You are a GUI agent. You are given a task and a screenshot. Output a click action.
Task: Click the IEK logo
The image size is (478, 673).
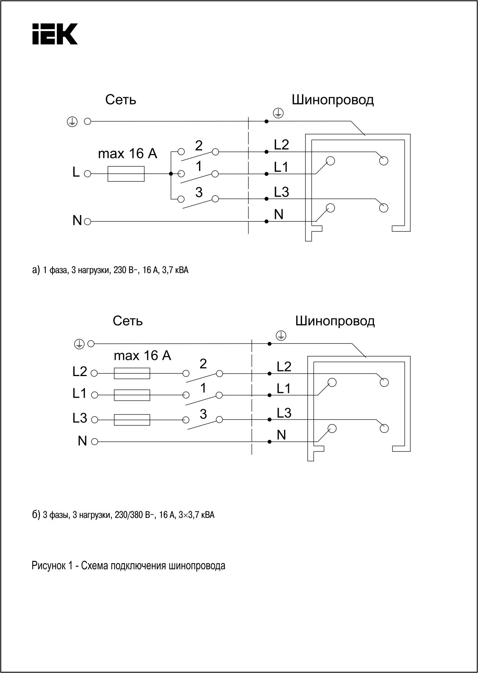(55, 34)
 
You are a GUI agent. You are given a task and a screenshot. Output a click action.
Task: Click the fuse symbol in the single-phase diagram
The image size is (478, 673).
(126, 174)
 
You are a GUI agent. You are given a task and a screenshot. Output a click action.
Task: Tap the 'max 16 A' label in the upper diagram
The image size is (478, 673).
(128, 154)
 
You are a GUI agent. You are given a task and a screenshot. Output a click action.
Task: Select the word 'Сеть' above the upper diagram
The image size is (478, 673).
(121, 100)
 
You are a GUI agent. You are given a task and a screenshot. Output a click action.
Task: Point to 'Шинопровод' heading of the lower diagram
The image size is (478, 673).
(335, 320)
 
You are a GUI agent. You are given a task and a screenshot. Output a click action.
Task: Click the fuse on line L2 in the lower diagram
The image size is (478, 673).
(132, 373)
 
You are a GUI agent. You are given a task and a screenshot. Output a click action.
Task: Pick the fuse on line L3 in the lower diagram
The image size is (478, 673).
(132, 419)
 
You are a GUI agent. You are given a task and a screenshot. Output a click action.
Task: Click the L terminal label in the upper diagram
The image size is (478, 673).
(76, 173)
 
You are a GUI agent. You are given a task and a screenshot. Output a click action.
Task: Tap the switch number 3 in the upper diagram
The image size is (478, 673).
(199, 192)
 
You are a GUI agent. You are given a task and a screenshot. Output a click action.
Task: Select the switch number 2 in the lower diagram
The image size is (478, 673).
(203, 363)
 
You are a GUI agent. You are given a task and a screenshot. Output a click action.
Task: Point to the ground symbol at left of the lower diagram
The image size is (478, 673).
(79, 343)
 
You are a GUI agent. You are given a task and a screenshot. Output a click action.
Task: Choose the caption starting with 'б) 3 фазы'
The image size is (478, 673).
(123, 515)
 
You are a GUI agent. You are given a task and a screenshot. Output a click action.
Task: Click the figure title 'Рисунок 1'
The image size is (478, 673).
(128, 566)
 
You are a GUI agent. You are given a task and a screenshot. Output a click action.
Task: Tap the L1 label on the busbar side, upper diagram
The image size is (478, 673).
(281, 167)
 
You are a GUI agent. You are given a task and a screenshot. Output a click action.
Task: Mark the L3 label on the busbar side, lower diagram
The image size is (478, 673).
(284, 413)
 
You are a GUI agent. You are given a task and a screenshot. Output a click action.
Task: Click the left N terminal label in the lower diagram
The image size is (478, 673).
(82, 441)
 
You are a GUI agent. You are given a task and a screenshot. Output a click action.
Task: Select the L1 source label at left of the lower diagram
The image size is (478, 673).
(80, 394)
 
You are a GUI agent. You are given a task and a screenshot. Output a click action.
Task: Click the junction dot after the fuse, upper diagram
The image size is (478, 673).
(171, 174)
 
